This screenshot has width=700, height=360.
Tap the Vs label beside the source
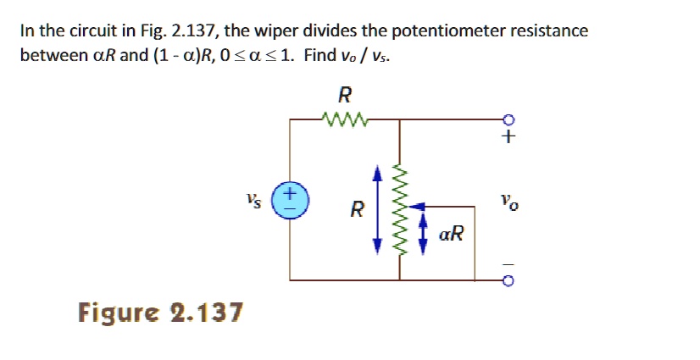click(252, 201)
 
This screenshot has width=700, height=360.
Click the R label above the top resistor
click(345, 93)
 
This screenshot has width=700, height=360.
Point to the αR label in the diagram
click(452, 234)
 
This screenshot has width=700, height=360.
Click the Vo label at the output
click(507, 203)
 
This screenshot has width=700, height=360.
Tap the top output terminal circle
click(508, 119)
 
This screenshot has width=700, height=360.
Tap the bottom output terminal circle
click(508, 280)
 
